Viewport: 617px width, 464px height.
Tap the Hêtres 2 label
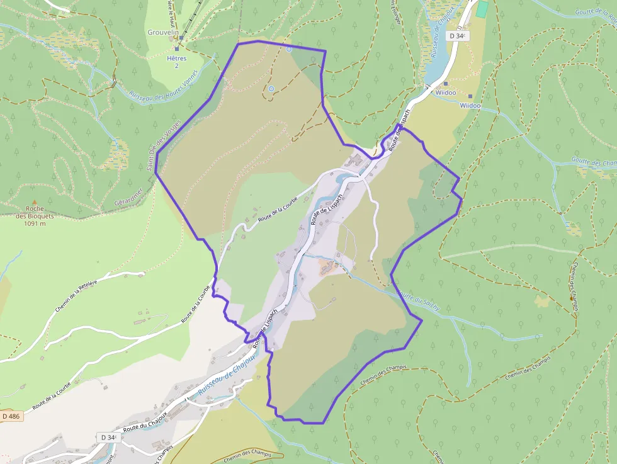click(176, 62)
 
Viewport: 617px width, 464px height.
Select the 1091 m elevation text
click(35, 224)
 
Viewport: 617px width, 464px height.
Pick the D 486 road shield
click(11, 416)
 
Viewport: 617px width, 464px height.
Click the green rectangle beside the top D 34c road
click(482, 9)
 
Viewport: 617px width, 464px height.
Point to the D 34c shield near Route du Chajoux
click(107, 437)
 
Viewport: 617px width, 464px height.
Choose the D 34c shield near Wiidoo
click(458, 36)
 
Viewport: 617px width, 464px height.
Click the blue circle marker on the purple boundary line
click(289, 48)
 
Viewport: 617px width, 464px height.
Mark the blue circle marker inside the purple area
click(271, 89)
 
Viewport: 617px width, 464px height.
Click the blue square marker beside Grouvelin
click(181, 38)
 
